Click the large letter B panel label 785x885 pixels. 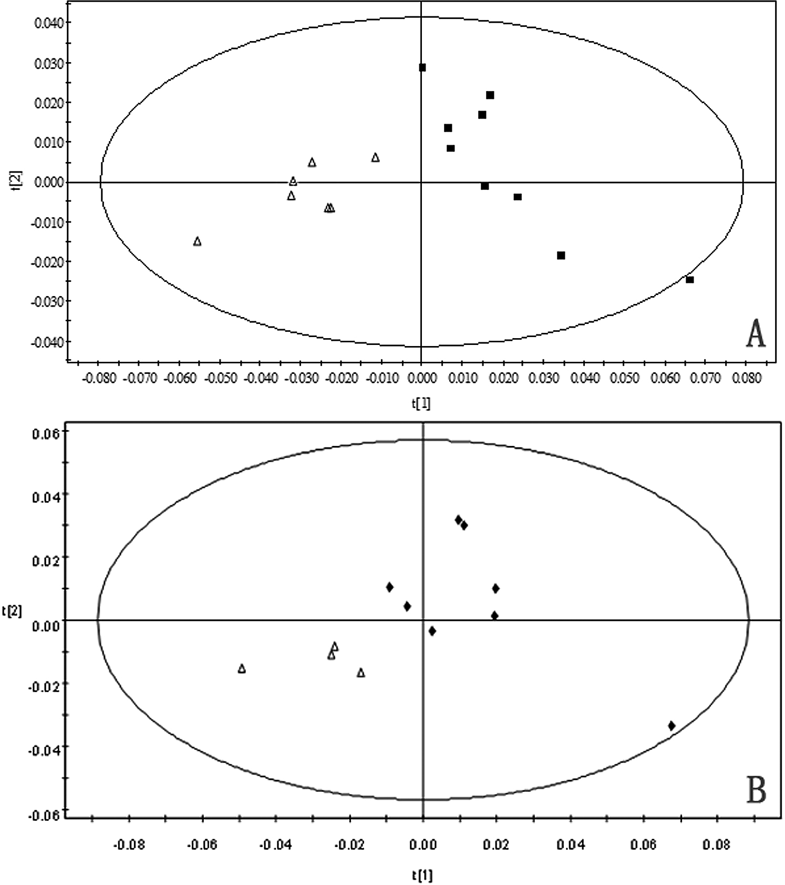coord(756,789)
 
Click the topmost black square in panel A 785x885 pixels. coord(422,67)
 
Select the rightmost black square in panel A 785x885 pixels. coord(689,280)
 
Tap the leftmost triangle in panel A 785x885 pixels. coord(197,241)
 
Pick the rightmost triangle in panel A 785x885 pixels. coord(375,158)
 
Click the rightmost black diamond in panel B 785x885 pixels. coord(671,726)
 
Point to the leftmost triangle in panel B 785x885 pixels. coord(242,669)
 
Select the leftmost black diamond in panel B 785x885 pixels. coord(389,587)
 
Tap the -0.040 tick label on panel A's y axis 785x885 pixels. coord(47,342)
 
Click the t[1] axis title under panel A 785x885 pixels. coord(421,403)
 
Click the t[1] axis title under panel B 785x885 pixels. coord(422,876)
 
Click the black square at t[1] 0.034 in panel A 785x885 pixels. coord(561,256)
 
